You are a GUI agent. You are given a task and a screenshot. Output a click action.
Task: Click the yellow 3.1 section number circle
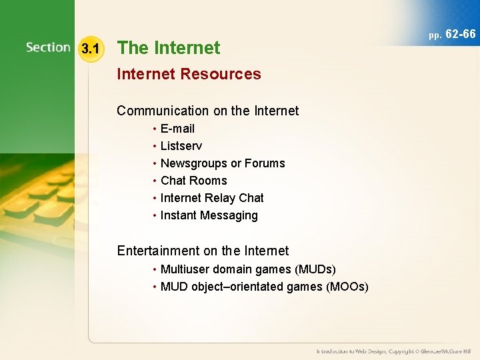(x=89, y=48)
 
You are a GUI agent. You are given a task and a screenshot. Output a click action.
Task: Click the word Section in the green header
(x=48, y=47)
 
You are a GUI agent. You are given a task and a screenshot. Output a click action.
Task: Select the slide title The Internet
(x=168, y=48)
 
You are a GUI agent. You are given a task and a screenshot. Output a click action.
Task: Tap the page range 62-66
(x=460, y=34)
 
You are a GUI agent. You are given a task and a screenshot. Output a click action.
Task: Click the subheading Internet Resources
(x=189, y=74)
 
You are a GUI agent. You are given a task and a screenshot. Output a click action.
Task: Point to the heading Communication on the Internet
(x=207, y=111)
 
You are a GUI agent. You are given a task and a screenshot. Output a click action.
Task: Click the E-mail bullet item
(x=177, y=129)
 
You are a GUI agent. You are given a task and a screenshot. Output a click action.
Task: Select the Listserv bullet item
(x=181, y=146)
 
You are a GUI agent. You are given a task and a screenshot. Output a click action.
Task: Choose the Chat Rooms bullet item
(x=193, y=181)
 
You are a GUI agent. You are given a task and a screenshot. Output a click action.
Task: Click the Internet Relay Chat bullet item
(x=212, y=198)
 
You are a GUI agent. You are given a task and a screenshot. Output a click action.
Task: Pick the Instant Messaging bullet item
(x=209, y=215)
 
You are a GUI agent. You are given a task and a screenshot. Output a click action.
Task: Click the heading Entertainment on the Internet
(x=203, y=251)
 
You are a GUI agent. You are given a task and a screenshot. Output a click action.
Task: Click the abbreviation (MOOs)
(x=347, y=287)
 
